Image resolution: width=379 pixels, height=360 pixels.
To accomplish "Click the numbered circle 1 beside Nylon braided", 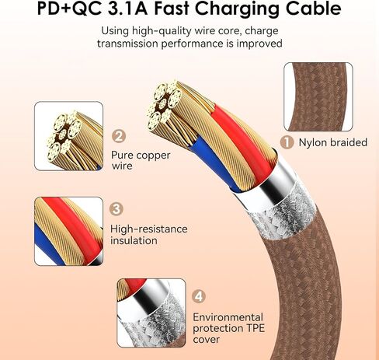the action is (287, 142).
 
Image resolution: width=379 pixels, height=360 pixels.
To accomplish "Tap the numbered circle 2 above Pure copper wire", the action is (119, 136).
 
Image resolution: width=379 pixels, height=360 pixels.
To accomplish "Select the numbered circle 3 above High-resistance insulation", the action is (116, 209).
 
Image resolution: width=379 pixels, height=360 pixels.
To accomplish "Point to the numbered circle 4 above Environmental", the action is (199, 296).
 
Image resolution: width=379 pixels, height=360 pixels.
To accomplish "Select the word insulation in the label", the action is (134, 240).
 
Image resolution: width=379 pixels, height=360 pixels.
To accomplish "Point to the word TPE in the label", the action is (255, 328).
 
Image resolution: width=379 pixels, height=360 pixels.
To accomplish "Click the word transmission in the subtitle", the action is (127, 44).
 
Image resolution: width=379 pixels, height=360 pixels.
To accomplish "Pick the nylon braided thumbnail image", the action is (318, 96).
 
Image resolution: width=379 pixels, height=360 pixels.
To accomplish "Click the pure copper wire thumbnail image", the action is (68, 136).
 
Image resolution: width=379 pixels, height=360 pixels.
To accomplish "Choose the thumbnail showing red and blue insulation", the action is (68, 231).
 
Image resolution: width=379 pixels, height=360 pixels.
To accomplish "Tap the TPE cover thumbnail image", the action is (151, 313).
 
